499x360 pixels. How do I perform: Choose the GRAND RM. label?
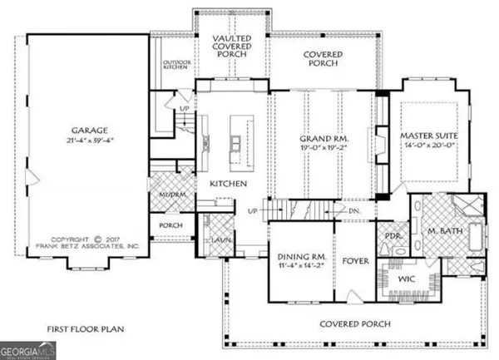323,139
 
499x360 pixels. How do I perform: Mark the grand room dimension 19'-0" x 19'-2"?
323,150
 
